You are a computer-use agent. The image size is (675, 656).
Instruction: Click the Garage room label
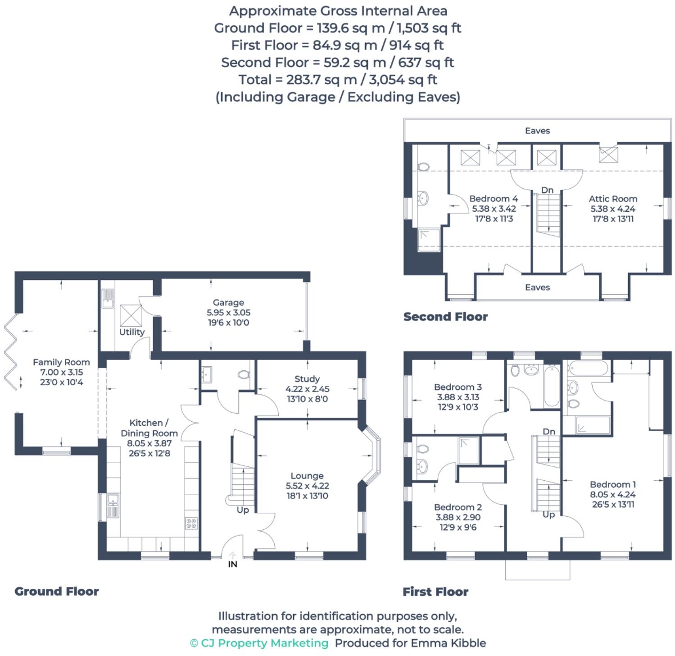tap(228, 302)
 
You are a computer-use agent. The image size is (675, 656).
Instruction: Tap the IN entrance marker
tap(232, 564)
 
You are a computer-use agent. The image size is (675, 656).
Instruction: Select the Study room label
tap(307, 379)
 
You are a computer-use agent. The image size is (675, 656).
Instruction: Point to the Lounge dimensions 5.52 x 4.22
tap(307, 486)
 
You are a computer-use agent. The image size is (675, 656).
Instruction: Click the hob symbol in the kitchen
tap(191, 523)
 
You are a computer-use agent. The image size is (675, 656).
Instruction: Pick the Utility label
tap(132, 332)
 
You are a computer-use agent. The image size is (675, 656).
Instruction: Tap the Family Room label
tap(61, 362)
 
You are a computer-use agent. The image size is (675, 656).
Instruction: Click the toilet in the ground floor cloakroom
tap(244, 374)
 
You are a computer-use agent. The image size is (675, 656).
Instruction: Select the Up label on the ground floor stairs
tap(243, 510)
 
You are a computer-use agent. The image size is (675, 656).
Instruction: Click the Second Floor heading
tap(445, 317)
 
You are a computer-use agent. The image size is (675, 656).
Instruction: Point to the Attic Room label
tap(613, 199)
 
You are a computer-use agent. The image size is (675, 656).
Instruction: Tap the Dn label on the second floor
tap(547, 190)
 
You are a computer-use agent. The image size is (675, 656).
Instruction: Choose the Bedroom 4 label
tap(494, 199)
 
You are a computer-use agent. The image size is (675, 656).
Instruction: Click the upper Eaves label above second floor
tap(537, 131)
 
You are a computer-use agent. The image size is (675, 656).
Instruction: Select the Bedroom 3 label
tap(458, 387)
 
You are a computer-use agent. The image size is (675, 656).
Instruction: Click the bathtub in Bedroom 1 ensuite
tap(587, 368)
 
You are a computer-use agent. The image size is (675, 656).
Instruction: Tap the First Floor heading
tap(435, 592)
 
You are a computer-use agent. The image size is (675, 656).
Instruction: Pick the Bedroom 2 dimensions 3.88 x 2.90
tap(458, 517)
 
